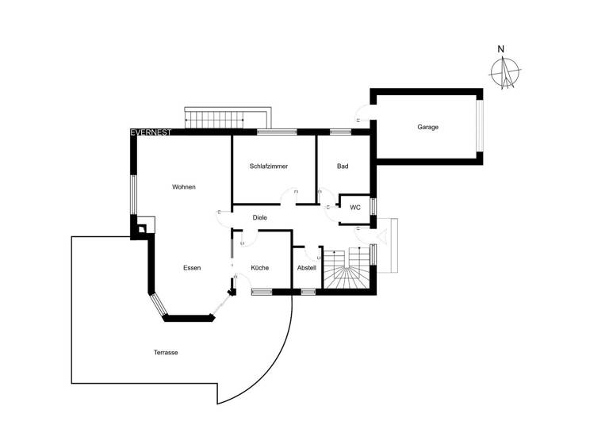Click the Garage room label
pyautogui.click(x=428, y=127)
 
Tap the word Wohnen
pyautogui.click(x=184, y=187)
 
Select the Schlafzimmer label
pyautogui.click(x=268, y=166)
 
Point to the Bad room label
pyautogui.click(x=343, y=166)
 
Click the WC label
pyautogui.click(x=355, y=207)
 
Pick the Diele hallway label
pyautogui.click(x=259, y=217)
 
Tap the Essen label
pyautogui.click(x=191, y=268)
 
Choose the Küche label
pyautogui.click(x=260, y=268)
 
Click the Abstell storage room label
pyautogui.click(x=306, y=268)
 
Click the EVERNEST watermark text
pyautogui.click(x=151, y=132)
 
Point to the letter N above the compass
pyautogui.click(x=500, y=49)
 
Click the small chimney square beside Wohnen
pyautogui.click(x=141, y=230)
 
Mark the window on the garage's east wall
pyautogui.click(x=479, y=127)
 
